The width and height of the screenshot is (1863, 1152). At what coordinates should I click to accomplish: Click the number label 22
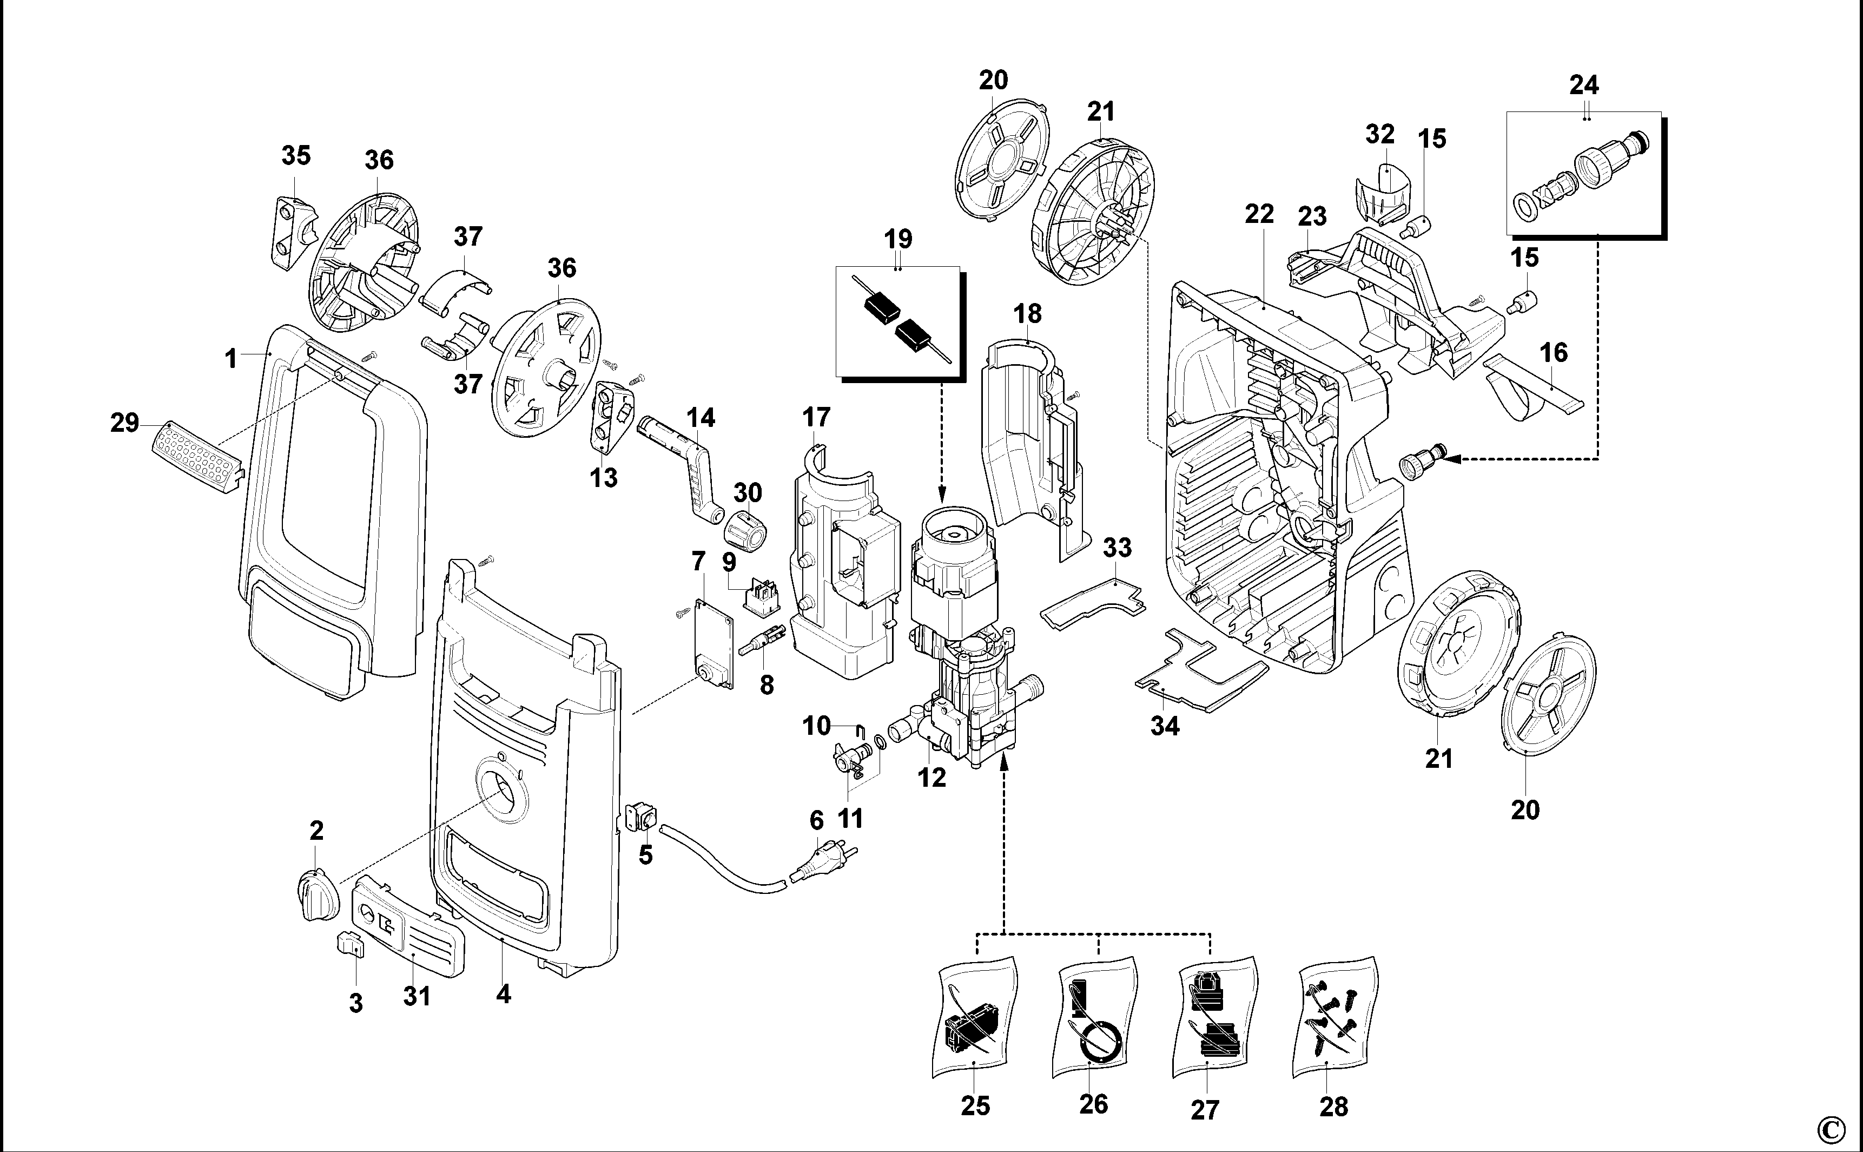(x=1258, y=215)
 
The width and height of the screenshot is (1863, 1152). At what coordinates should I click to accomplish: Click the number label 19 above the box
(x=898, y=239)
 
